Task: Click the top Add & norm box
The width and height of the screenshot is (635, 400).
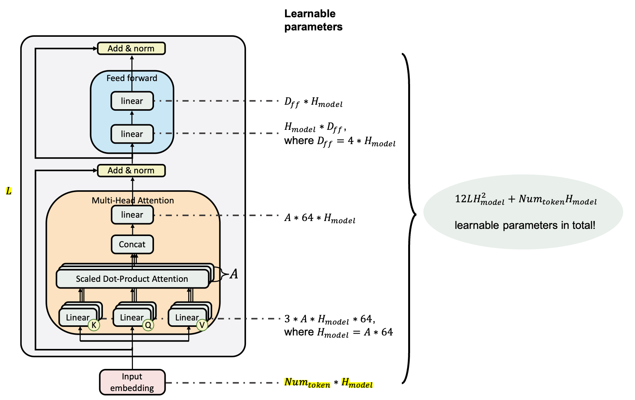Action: [131, 48]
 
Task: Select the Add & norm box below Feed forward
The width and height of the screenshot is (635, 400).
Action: [131, 170]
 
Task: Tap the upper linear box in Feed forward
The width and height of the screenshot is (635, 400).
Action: [132, 101]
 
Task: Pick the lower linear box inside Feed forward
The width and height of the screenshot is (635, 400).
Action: [132, 134]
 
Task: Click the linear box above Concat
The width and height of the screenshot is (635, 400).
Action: [132, 215]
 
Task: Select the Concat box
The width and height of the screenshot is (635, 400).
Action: [132, 244]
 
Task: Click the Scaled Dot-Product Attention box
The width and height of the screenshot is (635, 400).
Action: [132, 279]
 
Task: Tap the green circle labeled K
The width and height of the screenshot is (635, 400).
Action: [94, 325]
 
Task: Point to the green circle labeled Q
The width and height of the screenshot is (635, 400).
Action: [148, 325]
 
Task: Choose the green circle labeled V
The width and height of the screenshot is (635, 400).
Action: [202, 325]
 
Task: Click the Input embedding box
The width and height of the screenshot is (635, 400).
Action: [132, 382]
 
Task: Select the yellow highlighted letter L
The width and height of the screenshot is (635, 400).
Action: [9, 191]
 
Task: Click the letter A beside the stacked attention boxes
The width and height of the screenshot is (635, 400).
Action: [234, 274]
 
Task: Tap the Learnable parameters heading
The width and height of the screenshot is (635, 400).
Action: [313, 20]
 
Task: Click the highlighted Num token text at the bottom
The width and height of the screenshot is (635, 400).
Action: [307, 383]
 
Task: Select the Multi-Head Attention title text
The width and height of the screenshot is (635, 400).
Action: [133, 200]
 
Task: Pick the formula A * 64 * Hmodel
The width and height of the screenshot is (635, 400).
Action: [320, 218]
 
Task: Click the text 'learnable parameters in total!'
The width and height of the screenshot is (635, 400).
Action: [525, 225]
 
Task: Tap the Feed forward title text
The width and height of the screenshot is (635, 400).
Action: [131, 78]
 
